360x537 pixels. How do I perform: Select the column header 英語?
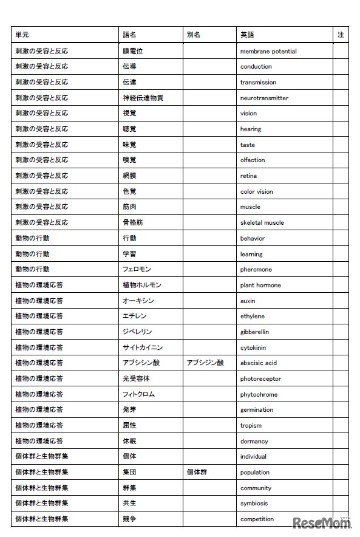(x=247, y=35)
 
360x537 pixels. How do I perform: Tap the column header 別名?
(x=194, y=35)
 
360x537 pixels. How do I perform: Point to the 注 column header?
(x=341, y=35)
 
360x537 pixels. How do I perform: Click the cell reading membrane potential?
(x=268, y=51)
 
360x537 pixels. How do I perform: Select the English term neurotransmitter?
(x=264, y=98)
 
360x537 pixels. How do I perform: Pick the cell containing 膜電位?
(x=132, y=51)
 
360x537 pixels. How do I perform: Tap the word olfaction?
(x=253, y=160)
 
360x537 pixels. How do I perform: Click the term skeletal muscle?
(x=262, y=222)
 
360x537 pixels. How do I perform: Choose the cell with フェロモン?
(x=137, y=269)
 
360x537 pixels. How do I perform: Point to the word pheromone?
(x=256, y=269)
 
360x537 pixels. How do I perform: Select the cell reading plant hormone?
(x=260, y=285)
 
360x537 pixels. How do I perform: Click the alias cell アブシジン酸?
(x=205, y=363)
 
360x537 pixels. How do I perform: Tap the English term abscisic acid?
(x=258, y=363)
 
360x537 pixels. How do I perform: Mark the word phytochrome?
(x=259, y=394)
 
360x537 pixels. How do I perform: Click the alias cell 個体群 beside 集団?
(x=197, y=472)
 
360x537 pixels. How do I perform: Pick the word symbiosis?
(x=254, y=503)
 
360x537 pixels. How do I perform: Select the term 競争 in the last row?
(x=129, y=519)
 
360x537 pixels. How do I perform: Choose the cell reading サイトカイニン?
(x=142, y=347)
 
